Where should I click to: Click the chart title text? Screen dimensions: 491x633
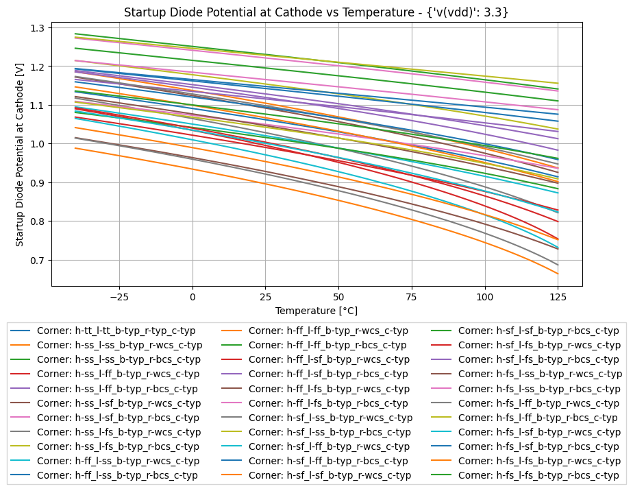[317, 12]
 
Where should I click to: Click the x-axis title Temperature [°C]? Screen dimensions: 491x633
[316, 311]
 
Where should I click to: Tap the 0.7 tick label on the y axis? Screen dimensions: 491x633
[37, 261]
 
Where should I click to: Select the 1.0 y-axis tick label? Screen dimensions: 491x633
[37, 144]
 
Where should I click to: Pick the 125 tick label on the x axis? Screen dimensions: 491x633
[558, 296]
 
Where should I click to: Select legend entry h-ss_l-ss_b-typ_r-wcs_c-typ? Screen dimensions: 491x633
[119, 345]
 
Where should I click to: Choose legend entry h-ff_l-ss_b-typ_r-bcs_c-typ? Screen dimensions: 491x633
[117, 475]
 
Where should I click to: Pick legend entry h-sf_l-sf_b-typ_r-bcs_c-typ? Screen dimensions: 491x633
[538, 331]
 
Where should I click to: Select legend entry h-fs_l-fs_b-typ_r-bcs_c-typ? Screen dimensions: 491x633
[538, 475]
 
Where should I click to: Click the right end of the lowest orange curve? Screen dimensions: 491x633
[558, 274]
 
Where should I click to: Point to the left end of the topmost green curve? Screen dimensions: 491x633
[75, 34]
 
